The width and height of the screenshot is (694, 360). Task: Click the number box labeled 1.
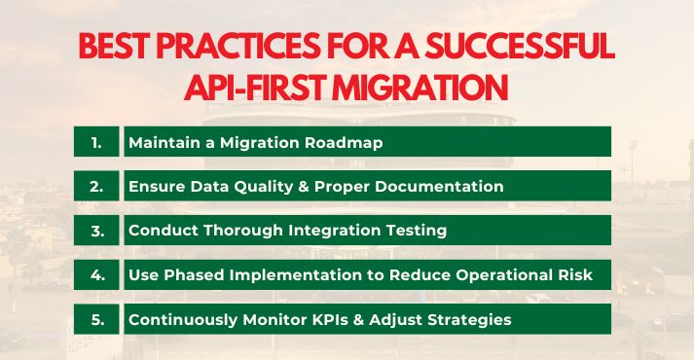pos(96,142)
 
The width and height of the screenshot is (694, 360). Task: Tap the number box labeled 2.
pos(96,186)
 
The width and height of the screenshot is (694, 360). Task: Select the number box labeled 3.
pos(96,231)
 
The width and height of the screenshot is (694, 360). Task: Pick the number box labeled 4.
pos(96,274)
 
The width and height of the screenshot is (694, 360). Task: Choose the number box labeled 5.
pos(96,319)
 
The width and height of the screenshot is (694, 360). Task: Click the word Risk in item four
pos(574,274)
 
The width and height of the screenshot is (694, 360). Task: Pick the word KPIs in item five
pos(303,319)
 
